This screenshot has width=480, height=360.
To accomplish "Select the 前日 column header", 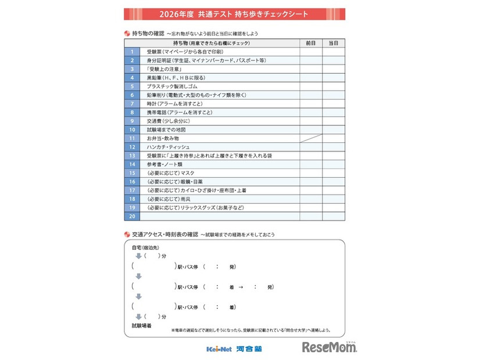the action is point(310,43).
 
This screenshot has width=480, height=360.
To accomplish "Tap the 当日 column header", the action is point(333,43).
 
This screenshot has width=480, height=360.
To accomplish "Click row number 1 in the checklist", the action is point(132,52).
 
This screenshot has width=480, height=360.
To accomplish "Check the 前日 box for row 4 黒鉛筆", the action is point(310,77).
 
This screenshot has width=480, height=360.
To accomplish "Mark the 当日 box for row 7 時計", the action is point(333,103).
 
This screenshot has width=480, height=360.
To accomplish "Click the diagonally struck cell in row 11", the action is point(310,139).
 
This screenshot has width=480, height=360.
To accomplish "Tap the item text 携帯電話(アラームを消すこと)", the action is point(179,112).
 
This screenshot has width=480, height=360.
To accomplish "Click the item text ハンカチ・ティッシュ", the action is point(168,147).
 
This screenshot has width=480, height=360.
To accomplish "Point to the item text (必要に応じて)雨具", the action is point(169,199).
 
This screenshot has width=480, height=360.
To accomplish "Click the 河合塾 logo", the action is point(250,348).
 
